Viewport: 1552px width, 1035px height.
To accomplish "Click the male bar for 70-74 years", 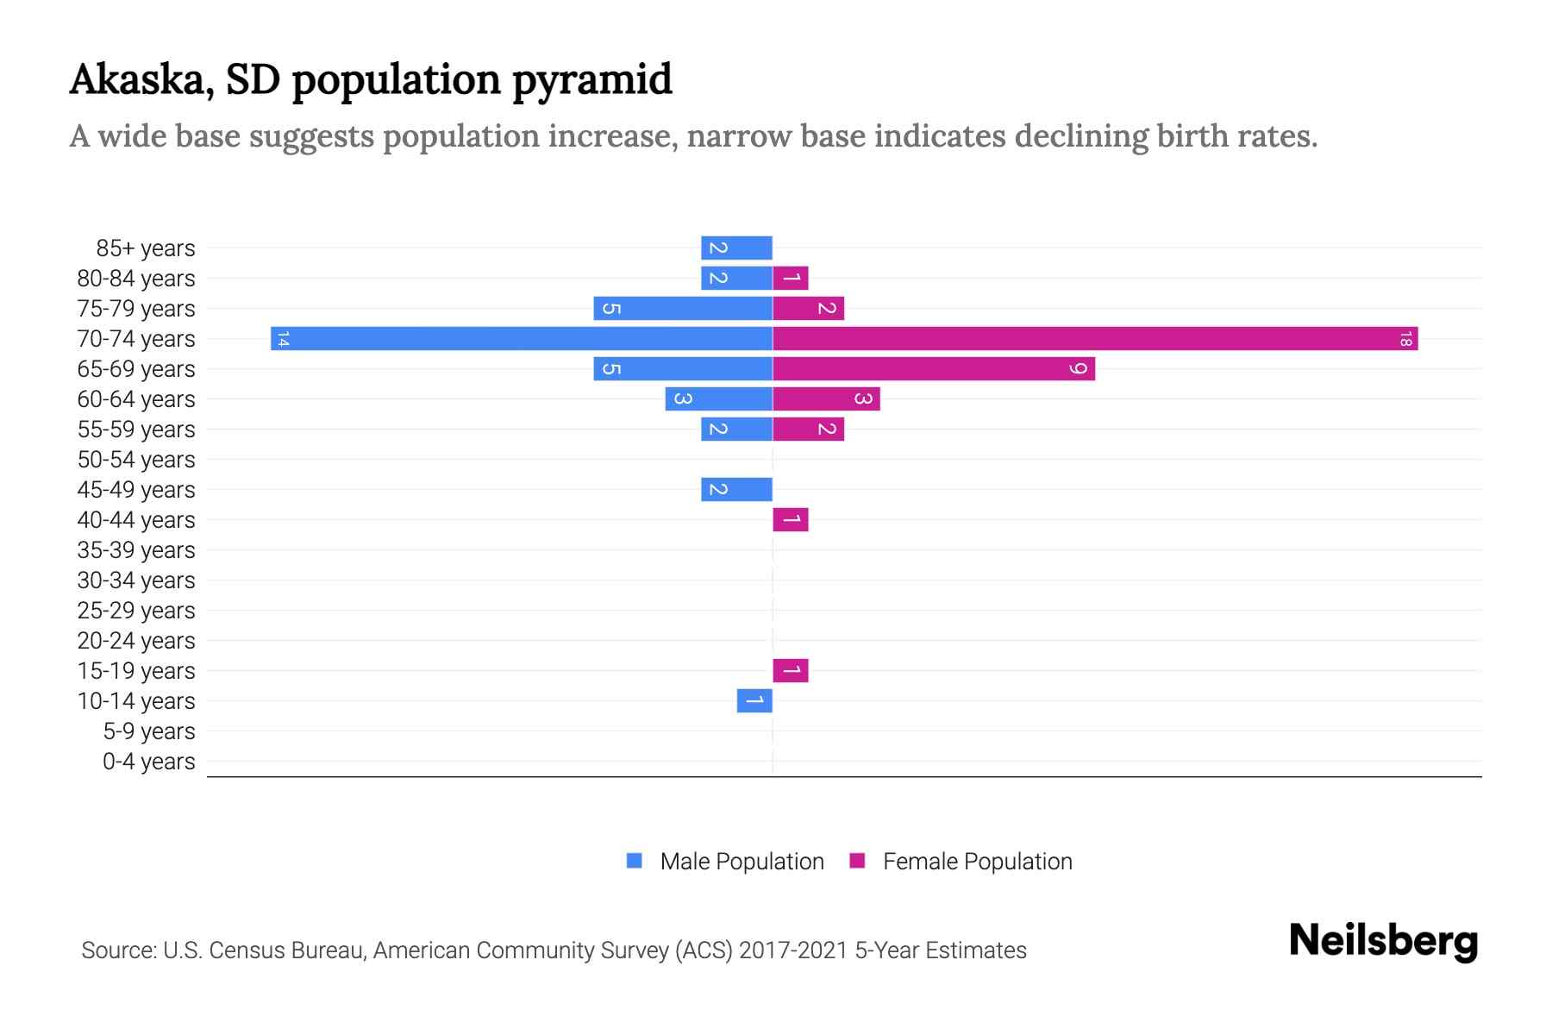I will [x=522, y=338].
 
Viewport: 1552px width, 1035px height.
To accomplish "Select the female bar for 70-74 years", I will [x=1095, y=338].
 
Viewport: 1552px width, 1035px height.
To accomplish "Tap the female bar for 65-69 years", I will [x=934, y=368].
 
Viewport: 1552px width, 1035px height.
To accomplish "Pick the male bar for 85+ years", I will [x=736, y=248].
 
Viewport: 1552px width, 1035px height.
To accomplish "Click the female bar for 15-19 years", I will [x=791, y=670].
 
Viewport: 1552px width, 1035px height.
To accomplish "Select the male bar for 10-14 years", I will [x=754, y=700].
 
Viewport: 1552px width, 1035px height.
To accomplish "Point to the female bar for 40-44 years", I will [x=791, y=519].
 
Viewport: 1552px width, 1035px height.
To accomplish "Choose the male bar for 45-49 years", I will [x=736, y=489].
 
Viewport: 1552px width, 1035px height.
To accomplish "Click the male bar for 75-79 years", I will [x=683, y=308].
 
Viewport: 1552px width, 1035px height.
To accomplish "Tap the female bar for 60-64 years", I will [x=826, y=398].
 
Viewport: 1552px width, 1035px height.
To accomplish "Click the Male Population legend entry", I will [x=725, y=861].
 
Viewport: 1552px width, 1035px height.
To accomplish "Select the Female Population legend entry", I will [x=961, y=861].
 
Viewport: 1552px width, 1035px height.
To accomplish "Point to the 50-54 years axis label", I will [x=136, y=460].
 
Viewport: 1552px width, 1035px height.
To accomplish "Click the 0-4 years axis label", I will [x=148, y=762].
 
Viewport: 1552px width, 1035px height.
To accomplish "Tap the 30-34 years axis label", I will [x=136, y=580].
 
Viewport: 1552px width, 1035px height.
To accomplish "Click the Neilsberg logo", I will [x=1383, y=941].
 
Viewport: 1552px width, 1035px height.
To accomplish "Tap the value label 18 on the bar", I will [x=1405, y=339].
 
